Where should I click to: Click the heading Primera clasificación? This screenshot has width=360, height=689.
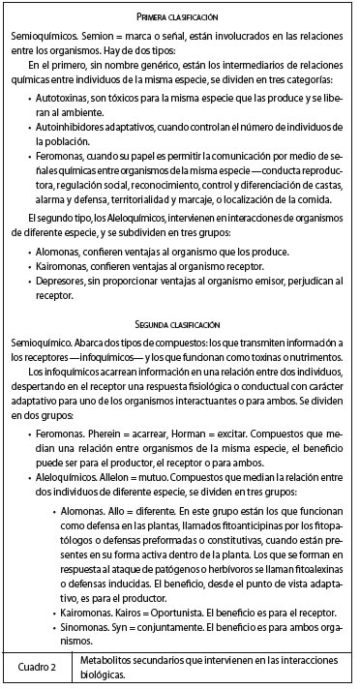(179, 17)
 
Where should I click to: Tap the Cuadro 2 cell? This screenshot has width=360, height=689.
(41, 668)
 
